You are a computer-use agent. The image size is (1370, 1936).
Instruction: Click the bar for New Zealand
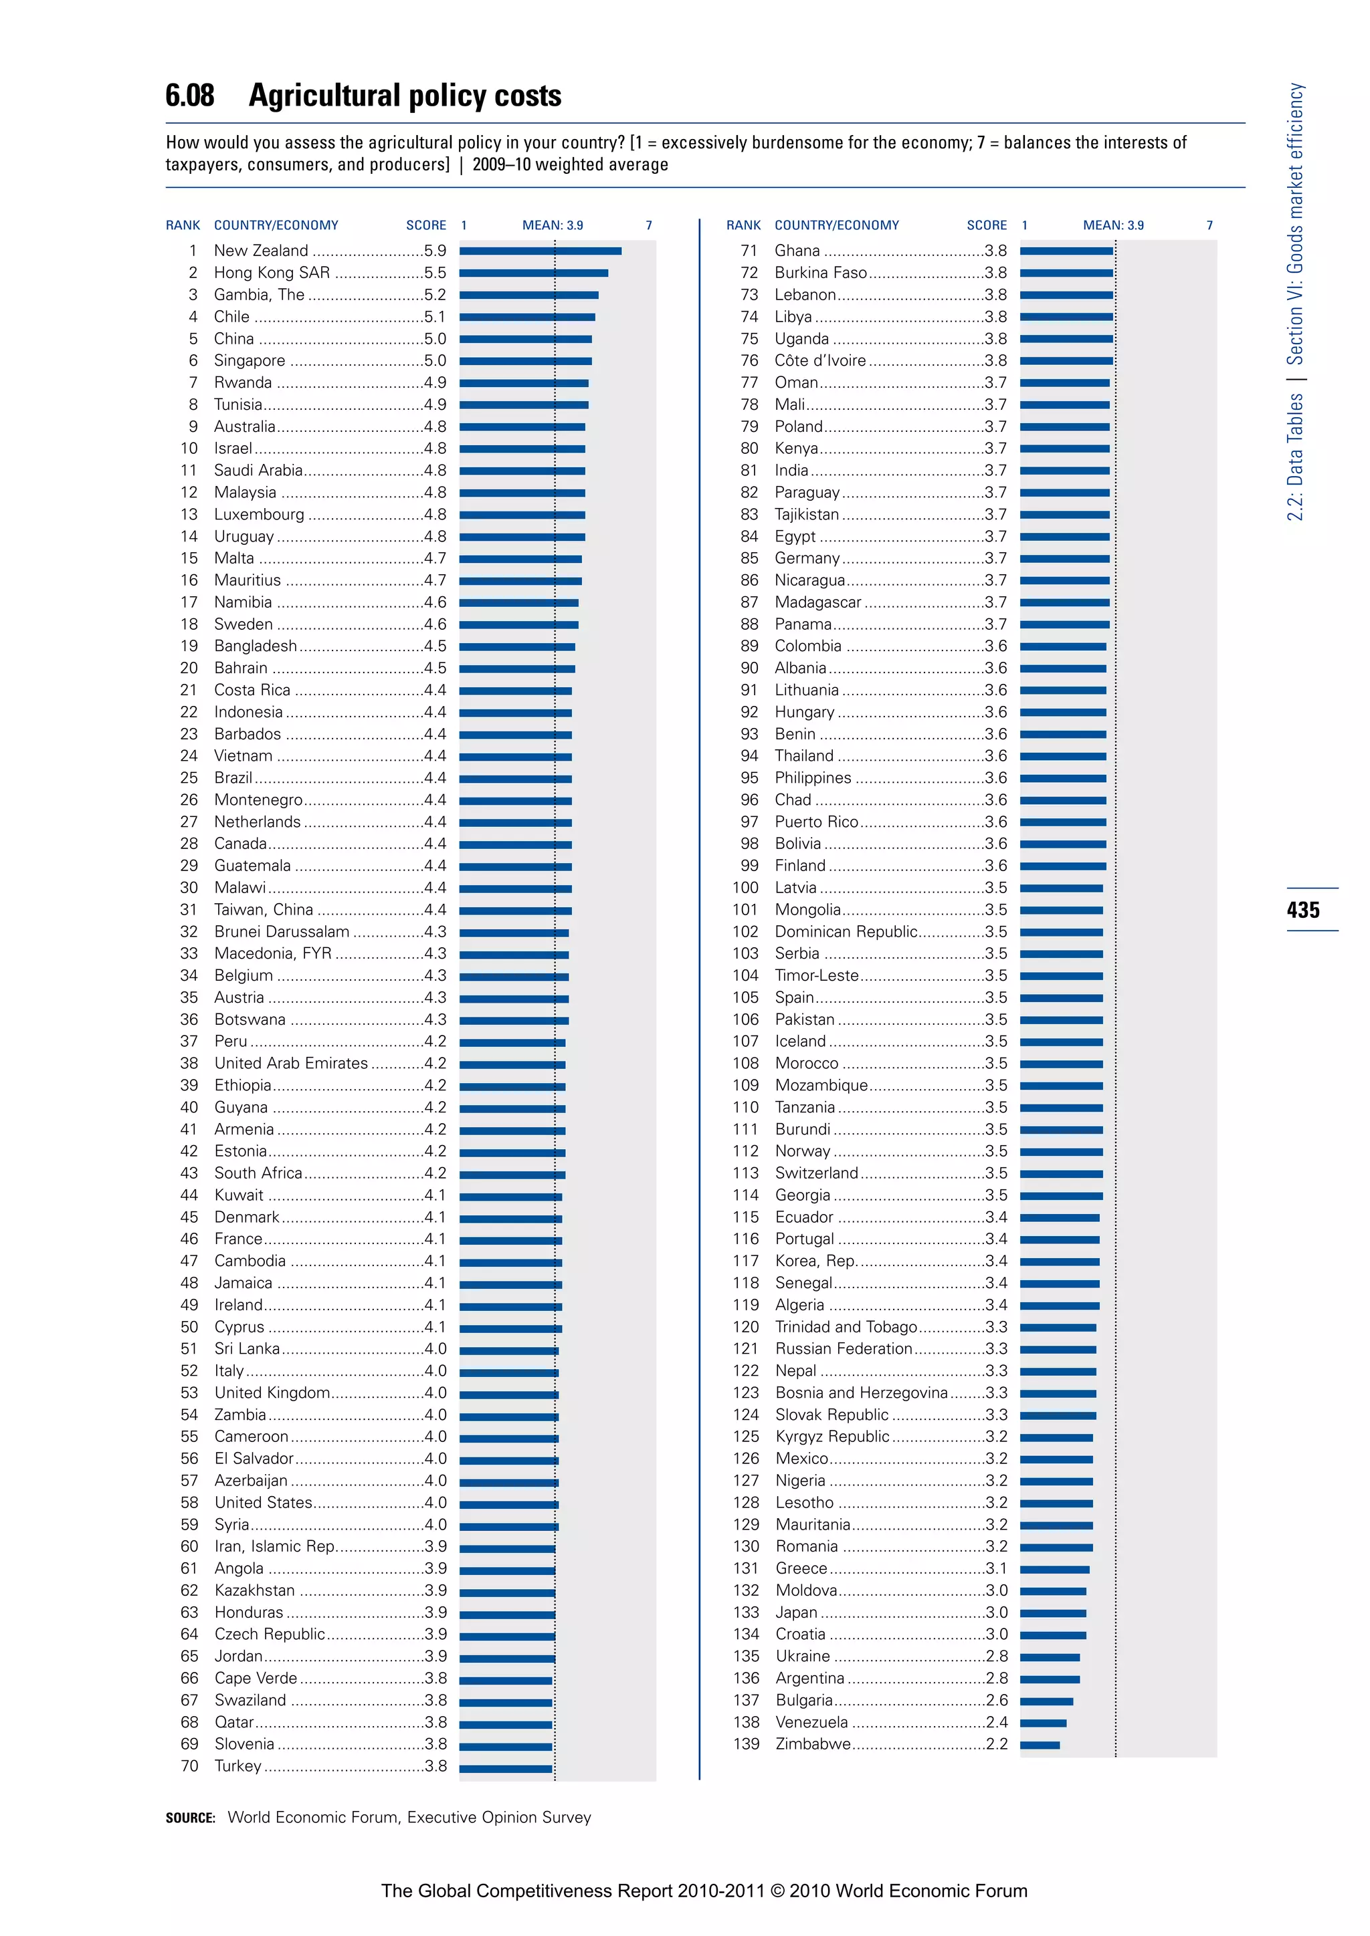tap(540, 251)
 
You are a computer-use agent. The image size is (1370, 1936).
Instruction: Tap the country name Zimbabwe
tap(812, 1743)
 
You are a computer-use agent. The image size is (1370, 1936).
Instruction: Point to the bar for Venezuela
tap(1043, 1723)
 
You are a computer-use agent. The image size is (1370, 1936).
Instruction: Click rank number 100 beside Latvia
tap(745, 888)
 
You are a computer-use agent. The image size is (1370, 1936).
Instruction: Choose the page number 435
tap(1303, 910)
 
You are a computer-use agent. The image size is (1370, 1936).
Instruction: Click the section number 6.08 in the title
tap(190, 96)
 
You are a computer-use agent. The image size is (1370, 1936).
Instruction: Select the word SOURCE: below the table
tap(190, 1818)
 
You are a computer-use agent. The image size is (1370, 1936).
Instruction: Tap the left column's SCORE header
tap(426, 225)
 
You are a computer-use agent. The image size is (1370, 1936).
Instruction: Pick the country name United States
tap(263, 1503)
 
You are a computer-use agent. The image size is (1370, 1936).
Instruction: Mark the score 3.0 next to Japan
tap(996, 1612)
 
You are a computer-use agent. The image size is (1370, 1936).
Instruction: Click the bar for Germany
tap(1064, 558)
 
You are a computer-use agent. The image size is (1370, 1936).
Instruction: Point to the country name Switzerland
tap(815, 1173)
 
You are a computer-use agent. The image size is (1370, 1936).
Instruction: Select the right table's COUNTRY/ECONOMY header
tap(836, 225)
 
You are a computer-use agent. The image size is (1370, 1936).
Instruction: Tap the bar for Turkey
tap(505, 1766)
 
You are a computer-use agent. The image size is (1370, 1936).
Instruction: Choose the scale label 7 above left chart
tap(648, 225)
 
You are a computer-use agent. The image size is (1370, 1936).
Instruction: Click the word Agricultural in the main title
tap(335, 96)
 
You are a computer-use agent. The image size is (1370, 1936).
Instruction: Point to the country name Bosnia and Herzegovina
tap(860, 1393)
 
